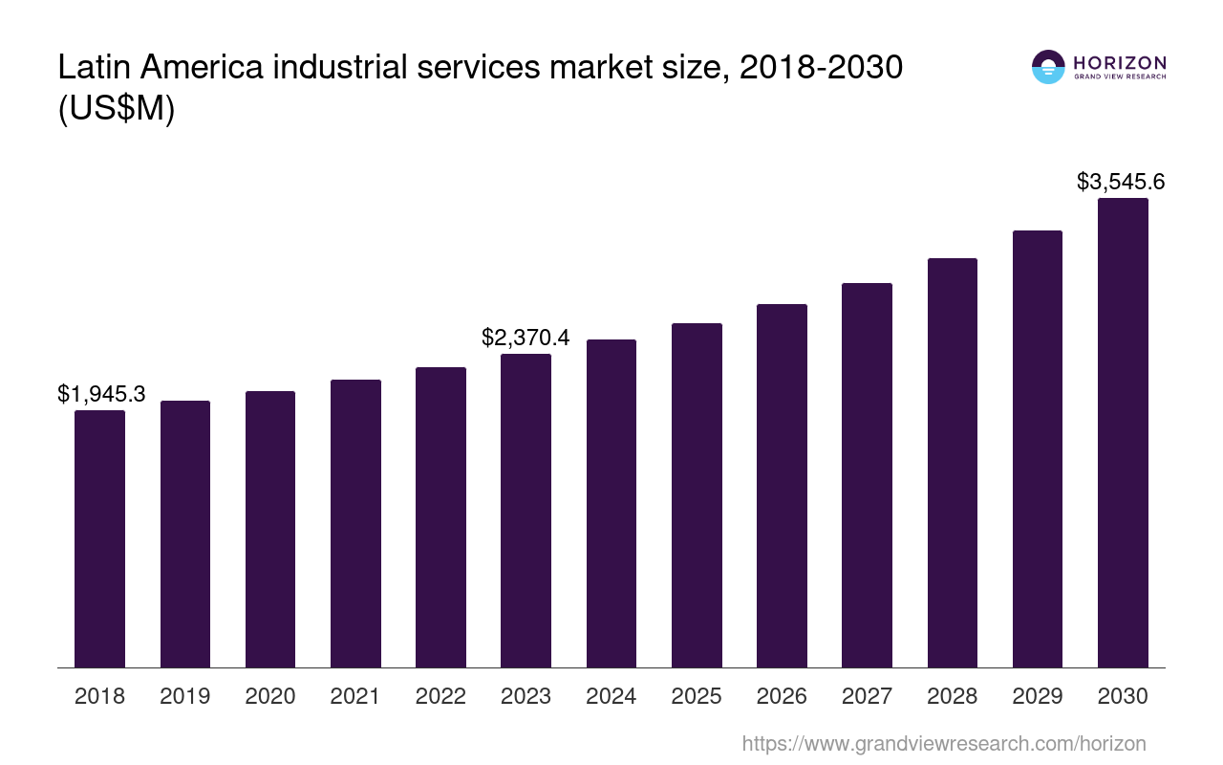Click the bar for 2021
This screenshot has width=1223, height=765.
coord(355,523)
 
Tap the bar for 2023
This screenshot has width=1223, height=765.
coord(526,511)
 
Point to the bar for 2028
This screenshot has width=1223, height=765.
coord(952,463)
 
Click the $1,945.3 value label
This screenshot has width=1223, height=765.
coord(101,394)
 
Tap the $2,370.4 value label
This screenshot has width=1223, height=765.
coord(526,338)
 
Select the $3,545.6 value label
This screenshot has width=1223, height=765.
coord(1121,182)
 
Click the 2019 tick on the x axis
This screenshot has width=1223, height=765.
coord(185,696)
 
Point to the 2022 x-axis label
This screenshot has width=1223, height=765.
coord(440,696)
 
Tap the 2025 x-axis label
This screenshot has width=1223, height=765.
coord(697,696)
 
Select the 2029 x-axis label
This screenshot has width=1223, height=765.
coord(1038,696)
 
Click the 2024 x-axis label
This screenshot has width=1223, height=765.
coord(611,696)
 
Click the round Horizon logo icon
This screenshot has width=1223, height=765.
coord(1048,67)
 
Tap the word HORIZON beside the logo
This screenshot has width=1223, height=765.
coord(1120,63)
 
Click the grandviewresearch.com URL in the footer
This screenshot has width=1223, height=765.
coord(943,743)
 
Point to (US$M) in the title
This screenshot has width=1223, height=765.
coord(117,109)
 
